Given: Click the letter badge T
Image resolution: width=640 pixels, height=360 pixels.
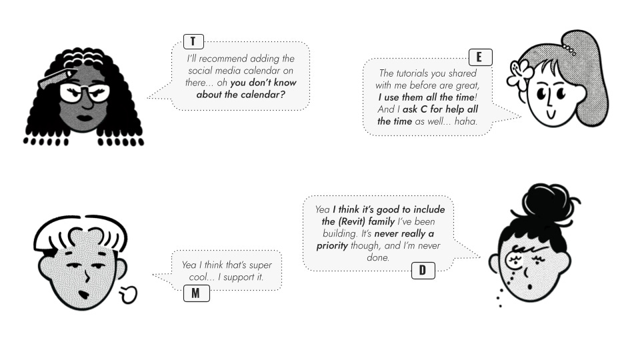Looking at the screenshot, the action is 193,41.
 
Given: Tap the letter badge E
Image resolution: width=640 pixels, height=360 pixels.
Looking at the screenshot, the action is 480,57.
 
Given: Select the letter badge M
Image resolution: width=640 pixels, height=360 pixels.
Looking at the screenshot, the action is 196,293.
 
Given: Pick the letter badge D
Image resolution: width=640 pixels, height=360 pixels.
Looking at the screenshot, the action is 423,271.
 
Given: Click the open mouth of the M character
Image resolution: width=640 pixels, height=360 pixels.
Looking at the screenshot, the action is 84,294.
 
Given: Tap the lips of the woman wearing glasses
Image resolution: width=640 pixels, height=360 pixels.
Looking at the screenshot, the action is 85,119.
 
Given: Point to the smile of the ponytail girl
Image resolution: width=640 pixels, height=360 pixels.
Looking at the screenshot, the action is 551,115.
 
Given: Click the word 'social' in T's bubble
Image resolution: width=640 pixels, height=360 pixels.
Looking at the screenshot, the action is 203,71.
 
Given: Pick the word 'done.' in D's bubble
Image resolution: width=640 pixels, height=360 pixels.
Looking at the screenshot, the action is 379,257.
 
